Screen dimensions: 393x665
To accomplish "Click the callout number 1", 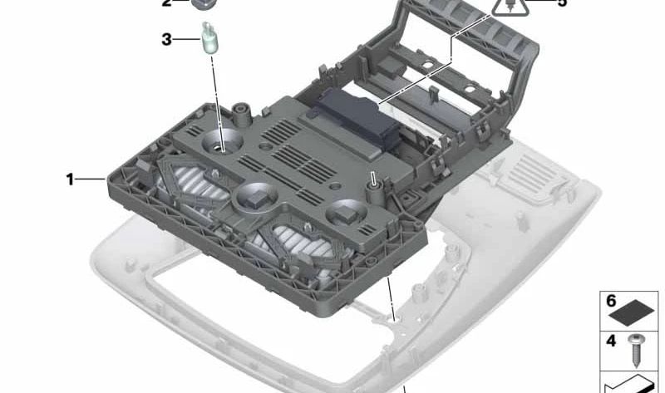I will point(71,179).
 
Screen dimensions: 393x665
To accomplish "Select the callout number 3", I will point(166,38).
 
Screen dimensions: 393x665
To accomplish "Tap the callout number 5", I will point(562,3).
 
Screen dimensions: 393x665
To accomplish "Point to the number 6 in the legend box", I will point(611,301).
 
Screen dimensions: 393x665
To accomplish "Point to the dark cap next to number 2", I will point(203,3).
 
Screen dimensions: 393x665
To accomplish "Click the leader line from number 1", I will point(92,179).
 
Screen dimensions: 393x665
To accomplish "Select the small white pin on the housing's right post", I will point(375,177).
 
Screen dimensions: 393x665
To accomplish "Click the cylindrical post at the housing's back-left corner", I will point(243,110).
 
